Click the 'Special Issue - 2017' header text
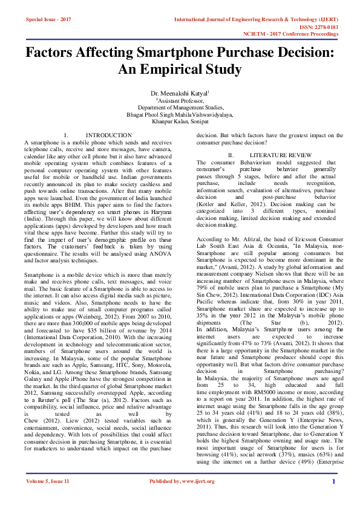[48, 19]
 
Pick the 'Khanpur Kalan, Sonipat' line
[180, 121]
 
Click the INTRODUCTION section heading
[109, 135]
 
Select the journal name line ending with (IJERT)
[254, 19]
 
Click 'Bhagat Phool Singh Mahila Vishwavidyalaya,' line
[180, 114]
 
